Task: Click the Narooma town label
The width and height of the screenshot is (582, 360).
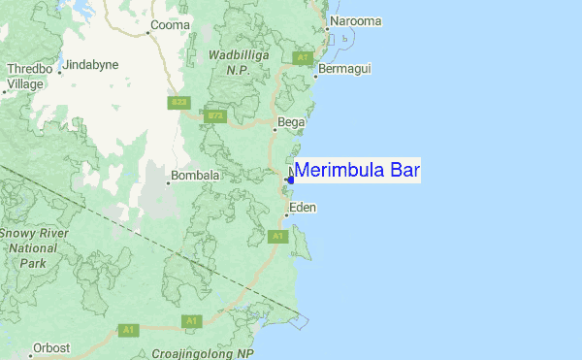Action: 355,20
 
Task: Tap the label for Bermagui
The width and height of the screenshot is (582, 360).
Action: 346,69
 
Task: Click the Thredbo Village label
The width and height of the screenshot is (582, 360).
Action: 25,77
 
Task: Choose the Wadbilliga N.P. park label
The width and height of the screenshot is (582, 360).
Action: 238,63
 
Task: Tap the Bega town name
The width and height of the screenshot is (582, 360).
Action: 291,122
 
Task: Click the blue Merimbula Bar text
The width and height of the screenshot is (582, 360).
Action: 357,171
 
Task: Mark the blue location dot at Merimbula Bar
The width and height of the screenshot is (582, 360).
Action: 290,180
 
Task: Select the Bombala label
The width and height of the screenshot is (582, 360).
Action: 196,177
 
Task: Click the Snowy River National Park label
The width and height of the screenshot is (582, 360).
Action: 33,248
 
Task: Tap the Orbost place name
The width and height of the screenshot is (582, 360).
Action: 51,347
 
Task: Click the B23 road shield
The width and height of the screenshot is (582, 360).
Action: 179,103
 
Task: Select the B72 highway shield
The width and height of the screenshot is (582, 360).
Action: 215,116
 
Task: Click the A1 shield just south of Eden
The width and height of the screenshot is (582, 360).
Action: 278,236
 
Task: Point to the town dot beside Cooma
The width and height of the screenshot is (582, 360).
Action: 147,32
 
